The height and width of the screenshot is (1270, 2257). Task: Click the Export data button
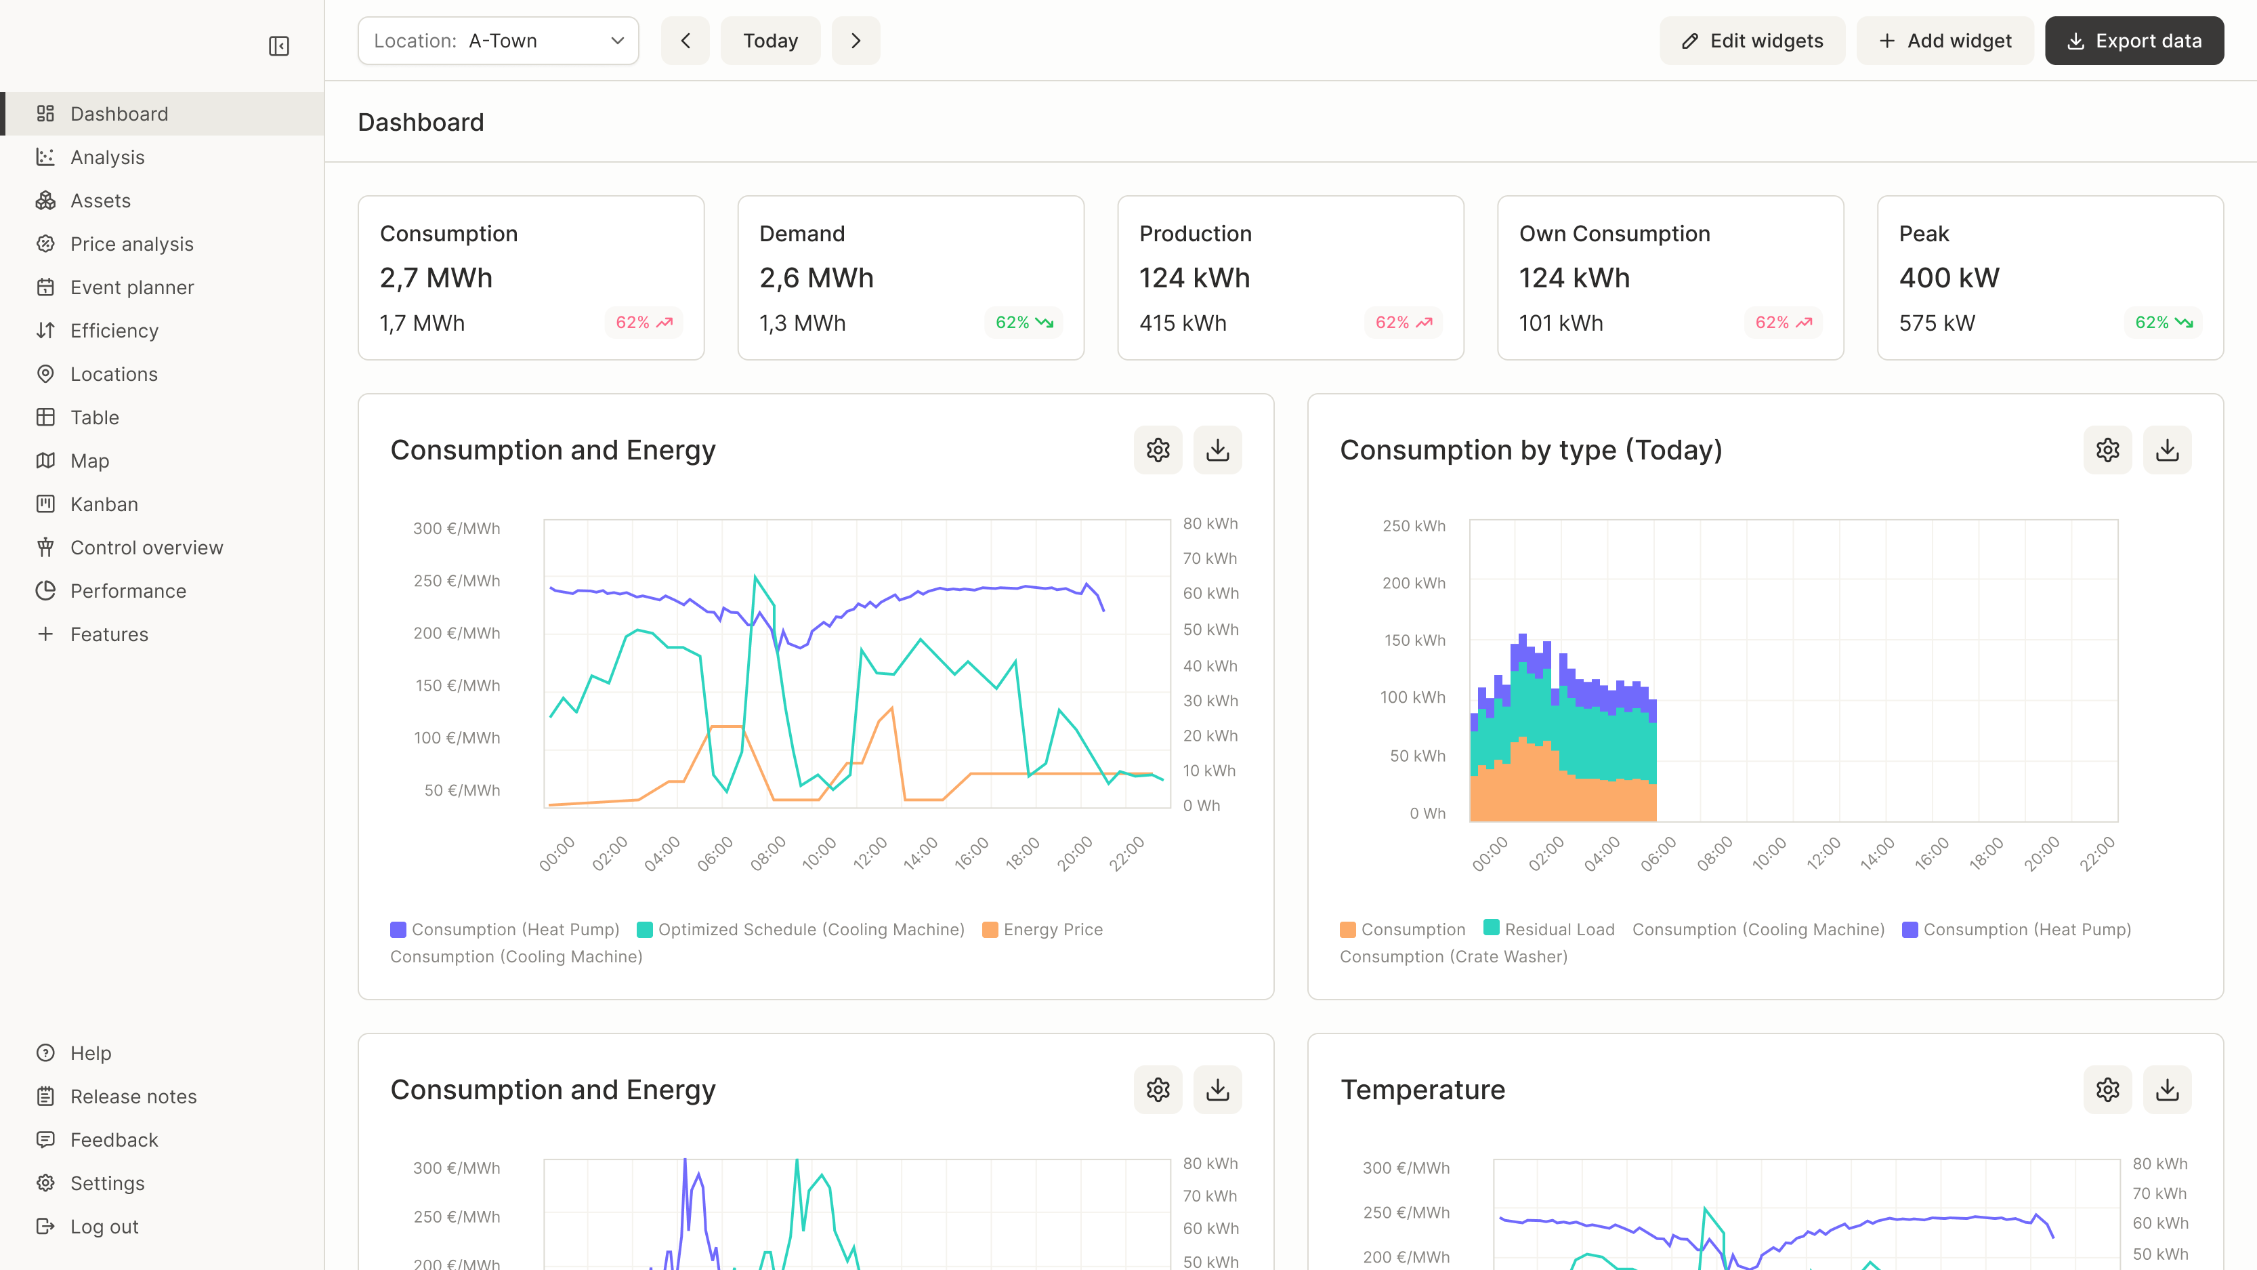pos(2134,40)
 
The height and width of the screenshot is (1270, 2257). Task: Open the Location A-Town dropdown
pos(498,40)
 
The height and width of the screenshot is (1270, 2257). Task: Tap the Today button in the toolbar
pos(770,40)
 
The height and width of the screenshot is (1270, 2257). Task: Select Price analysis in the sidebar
pos(131,244)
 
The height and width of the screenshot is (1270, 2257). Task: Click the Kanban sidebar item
pos(104,504)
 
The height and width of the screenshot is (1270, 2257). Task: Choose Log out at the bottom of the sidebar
pos(104,1226)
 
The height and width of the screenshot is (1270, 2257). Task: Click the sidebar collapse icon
pos(278,45)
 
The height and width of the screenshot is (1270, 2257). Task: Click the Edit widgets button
pos(1752,40)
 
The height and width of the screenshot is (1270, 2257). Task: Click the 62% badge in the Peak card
pos(2162,323)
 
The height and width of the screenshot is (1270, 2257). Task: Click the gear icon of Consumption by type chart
pos(2107,449)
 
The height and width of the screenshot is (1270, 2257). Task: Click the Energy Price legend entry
pos(1052,929)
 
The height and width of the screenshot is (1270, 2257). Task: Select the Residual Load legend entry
pos(1559,929)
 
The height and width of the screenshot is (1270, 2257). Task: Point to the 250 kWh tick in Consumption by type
pos(1413,526)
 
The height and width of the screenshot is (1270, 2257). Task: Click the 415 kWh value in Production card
pos(1183,323)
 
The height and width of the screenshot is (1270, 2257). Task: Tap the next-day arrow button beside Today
pos(855,40)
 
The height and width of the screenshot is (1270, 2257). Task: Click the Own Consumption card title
pos(1614,234)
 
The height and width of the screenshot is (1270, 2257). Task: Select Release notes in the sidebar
pos(133,1097)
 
